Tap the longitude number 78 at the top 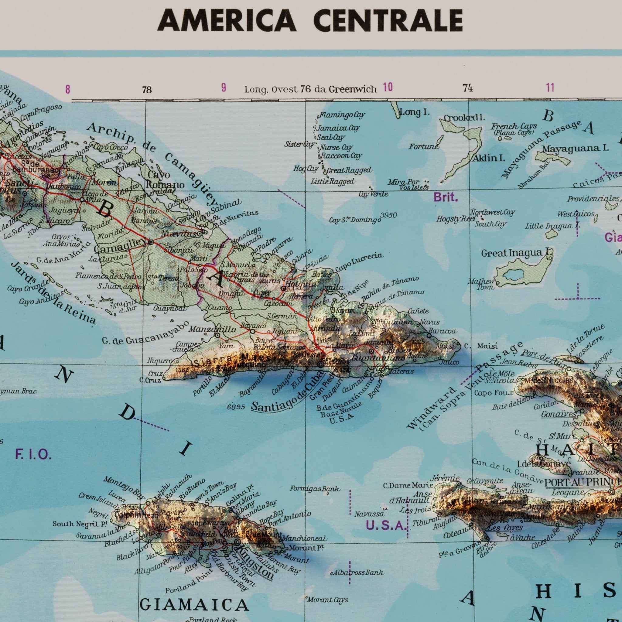tap(147, 90)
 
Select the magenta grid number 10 tap(388, 87)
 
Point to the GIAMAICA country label tap(194, 605)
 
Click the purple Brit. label tap(446, 198)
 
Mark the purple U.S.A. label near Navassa tap(385, 526)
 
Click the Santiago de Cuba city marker tap(321, 365)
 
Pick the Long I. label tap(415, 112)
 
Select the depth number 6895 tap(236, 407)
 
